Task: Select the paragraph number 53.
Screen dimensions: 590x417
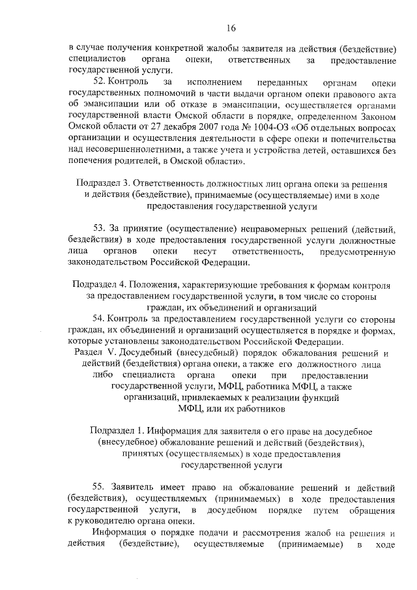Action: tap(100, 229)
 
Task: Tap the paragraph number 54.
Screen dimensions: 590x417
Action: tap(100, 319)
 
